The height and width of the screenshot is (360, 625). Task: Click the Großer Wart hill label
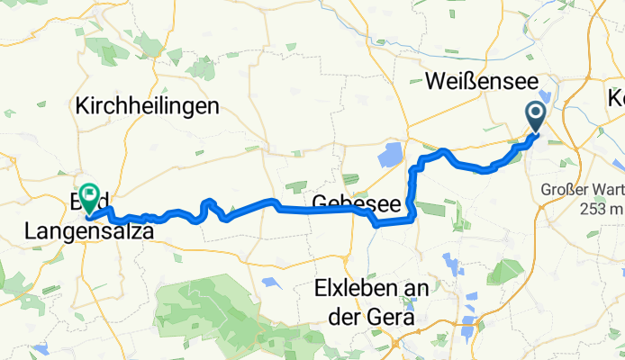[x=583, y=191]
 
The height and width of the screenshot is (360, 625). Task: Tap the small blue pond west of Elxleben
[x=269, y=283]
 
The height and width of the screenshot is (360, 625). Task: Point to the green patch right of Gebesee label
[x=430, y=208]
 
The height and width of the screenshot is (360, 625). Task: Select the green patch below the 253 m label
[x=591, y=234]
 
